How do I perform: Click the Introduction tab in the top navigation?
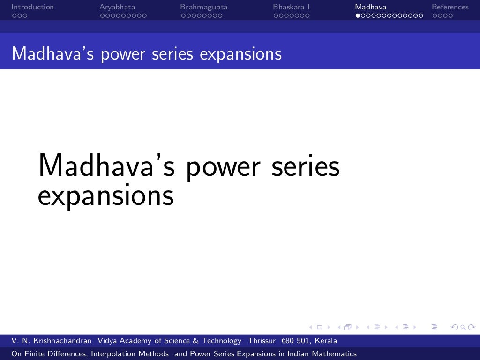point(32,7)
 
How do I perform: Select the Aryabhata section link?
point(117,7)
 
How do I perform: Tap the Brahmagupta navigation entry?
point(203,7)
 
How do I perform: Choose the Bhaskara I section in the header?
point(291,7)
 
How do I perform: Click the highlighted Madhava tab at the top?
point(370,7)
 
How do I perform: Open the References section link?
point(450,7)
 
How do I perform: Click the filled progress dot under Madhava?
point(358,15)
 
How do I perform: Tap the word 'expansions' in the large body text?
point(106,195)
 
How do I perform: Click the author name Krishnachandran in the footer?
point(62,341)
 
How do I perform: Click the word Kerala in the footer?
point(326,341)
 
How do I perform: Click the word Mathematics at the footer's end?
point(333,354)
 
